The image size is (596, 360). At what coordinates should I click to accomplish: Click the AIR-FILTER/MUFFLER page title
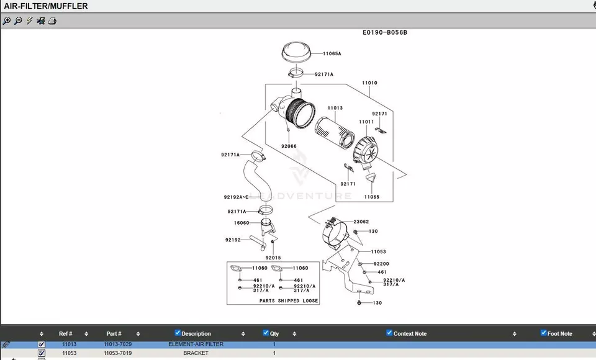click(x=46, y=6)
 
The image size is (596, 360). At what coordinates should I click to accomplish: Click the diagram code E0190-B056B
click(x=385, y=33)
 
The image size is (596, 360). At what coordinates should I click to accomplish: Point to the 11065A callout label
click(x=332, y=54)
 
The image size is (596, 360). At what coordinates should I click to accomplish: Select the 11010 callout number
click(x=369, y=83)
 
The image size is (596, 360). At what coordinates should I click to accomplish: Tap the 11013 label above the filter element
click(x=335, y=109)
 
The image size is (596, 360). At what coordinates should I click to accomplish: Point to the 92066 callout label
click(x=289, y=146)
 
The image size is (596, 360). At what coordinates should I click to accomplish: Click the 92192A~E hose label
click(x=236, y=197)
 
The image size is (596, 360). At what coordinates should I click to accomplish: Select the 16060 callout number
click(x=242, y=223)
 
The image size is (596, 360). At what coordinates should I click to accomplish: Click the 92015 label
click(x=273, y=258)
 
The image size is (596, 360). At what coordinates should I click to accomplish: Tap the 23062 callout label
click(x=361, y=222)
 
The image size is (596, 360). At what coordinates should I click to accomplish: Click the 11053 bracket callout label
click(x=379, y=252)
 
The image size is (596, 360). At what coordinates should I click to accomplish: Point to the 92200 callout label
click(x=382, y=264)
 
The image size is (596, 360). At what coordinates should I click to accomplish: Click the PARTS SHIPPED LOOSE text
click(x=289, y=300)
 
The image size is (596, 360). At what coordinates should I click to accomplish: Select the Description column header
click(x=196, y=334)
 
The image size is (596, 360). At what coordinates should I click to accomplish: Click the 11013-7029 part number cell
click(x=117, y=344)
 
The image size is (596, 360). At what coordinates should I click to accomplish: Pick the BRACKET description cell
click(x=196, y=353)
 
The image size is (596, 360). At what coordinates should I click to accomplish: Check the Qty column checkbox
click(x=266, y=333)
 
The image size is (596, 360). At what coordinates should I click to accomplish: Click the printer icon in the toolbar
click(x=53, y=20)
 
